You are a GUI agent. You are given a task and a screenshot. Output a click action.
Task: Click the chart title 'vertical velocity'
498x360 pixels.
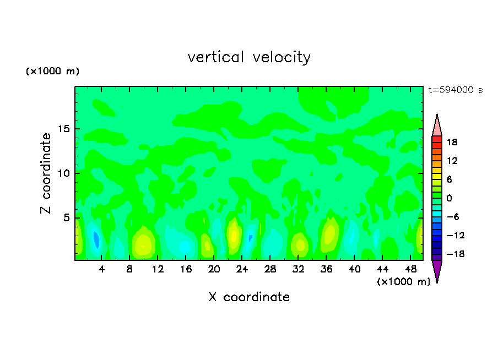point(249,57)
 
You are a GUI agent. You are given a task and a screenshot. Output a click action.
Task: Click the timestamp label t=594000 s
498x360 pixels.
point(456,90)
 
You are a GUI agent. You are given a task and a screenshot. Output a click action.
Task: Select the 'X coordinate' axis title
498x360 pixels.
point(249,297)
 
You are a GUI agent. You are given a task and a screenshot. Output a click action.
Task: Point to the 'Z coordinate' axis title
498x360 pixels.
point(46,173)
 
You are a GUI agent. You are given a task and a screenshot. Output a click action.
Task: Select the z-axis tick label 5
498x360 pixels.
point(66,218)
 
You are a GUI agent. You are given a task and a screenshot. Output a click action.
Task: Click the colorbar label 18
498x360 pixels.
point(452,142)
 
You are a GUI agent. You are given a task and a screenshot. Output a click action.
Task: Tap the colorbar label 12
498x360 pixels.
point(452,161)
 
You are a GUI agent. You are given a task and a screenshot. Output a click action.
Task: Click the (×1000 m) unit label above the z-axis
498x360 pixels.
point(53,72)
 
